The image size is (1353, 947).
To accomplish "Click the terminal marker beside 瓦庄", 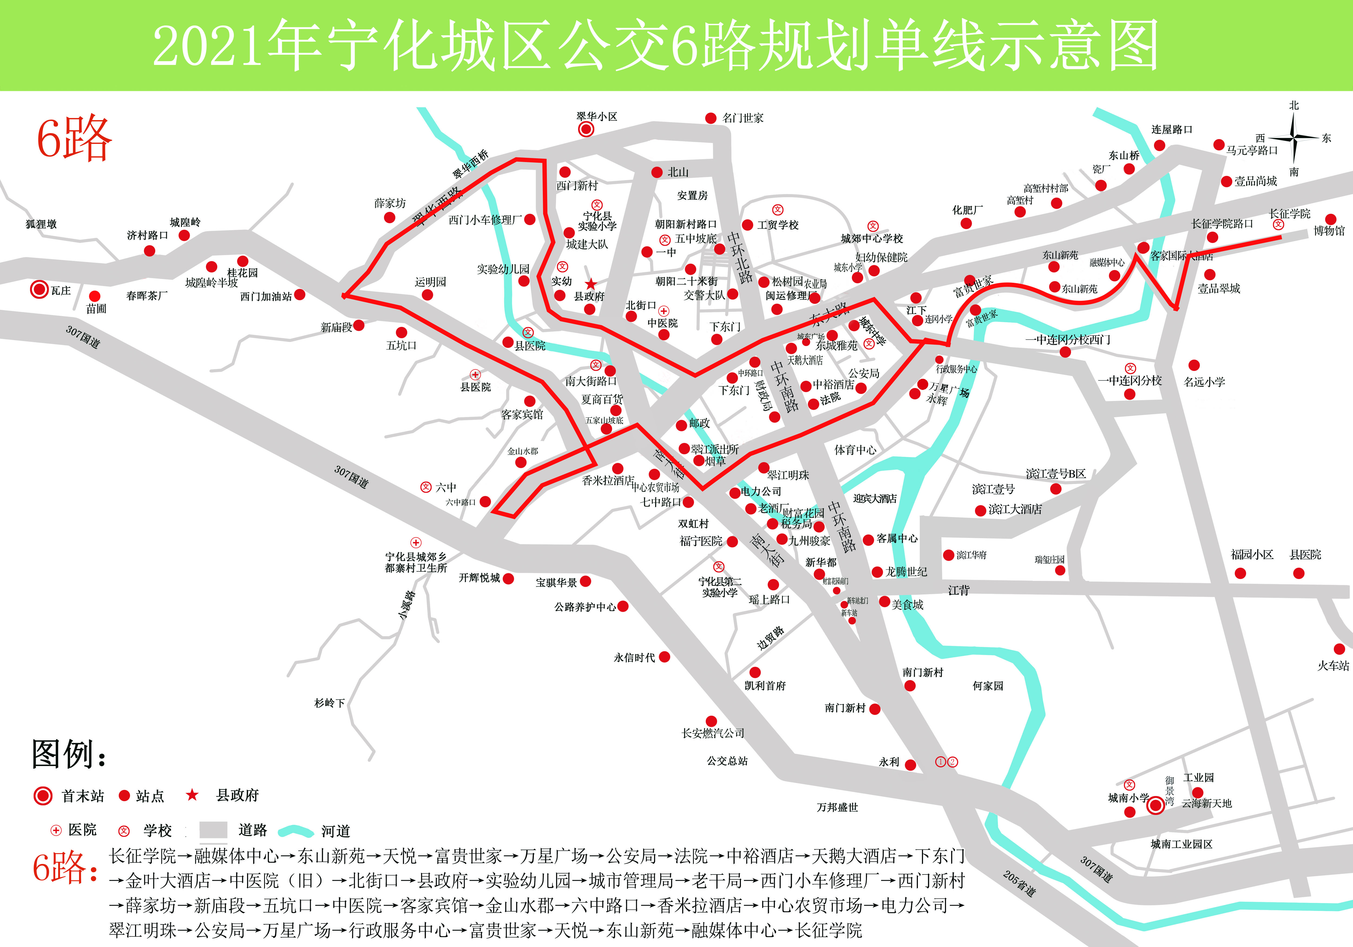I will [x=40, y=289].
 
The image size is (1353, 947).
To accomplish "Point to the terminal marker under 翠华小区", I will [x=586, y=129].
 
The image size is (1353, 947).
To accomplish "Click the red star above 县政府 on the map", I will [x=590, y=284].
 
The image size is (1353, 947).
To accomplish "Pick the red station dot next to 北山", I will [x=656, y=172].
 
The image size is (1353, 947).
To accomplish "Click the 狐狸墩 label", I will [x=41, y=224].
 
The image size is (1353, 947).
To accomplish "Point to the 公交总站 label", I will [x=727, y=761].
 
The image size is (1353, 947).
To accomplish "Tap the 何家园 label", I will [x=988, y=685].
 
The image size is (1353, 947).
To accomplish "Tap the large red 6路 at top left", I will [x=74, y=139].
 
